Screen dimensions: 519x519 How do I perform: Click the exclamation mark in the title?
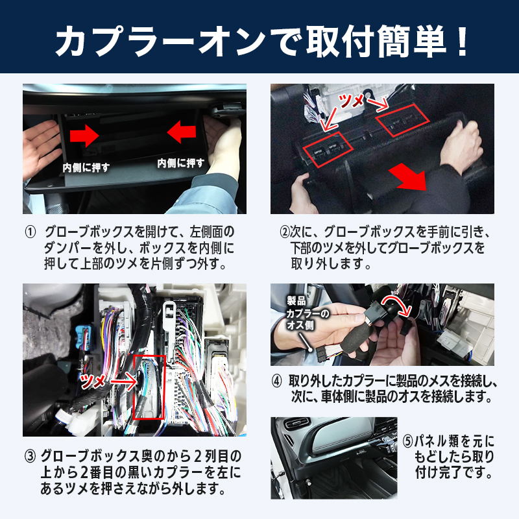pos(461,41)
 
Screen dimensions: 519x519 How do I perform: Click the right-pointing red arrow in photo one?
pos(84,136)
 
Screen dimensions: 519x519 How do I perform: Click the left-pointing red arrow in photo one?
pos(182,132)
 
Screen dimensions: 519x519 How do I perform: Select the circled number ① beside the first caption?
pos(30,232)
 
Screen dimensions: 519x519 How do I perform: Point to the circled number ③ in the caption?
pos(30,457)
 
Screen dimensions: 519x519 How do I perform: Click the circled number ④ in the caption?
pos(277,381)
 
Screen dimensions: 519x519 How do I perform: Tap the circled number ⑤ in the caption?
pos(408,441)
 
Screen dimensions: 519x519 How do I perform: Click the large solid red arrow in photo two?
pos(409,177)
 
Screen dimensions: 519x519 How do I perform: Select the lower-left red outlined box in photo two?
pos(328,150)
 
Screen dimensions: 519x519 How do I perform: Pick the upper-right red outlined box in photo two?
pos(402,120)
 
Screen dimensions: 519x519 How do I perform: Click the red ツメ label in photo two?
pos(352,101)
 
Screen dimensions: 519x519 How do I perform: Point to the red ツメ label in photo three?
pos(92,381)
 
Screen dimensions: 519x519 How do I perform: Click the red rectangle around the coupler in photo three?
pos(149,387)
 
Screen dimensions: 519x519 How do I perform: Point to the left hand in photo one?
pos(40,147)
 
